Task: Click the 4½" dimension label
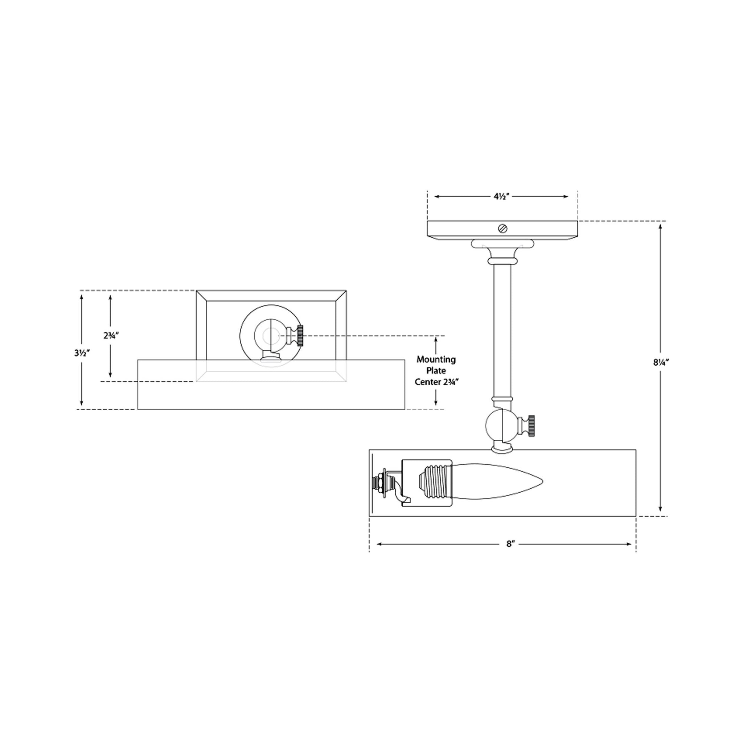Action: tap(501, 196)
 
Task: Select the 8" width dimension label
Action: tap(510, 544)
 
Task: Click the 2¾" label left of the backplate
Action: tap(111, 335)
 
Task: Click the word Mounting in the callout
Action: tap(436, 360)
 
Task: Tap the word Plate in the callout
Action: tap(436, 371)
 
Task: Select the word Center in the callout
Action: tap(427, 382)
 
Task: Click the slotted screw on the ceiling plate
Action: tap(502, 229)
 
